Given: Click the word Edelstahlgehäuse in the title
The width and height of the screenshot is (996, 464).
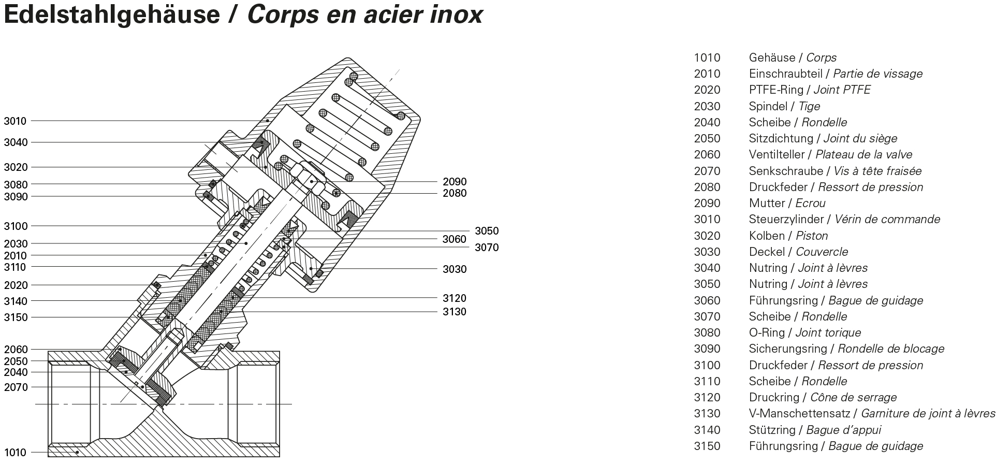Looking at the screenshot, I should point(112,15).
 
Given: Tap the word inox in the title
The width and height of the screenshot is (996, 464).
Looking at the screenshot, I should point(456,15).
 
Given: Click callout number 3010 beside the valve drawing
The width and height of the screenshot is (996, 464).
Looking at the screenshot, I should point(15,121).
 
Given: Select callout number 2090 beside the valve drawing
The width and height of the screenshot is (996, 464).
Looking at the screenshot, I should point(455,182).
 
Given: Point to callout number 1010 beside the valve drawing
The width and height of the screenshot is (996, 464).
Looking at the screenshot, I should point(15,453).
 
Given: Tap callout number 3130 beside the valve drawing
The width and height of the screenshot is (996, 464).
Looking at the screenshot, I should point(455,312).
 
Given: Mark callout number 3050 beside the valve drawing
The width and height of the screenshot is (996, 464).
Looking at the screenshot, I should point(487,231).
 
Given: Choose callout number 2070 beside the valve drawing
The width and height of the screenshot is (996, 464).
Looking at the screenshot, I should point(16,387).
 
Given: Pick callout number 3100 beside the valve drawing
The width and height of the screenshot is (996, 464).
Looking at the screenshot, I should point(16,226).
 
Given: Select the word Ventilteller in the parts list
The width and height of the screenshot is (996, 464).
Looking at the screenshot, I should point(777,155).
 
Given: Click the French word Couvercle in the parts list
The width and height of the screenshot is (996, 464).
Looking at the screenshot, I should point(822,252).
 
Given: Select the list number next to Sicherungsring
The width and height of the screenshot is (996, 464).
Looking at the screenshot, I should point(707,349).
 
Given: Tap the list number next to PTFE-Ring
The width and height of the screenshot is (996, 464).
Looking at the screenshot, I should point(707,90).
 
